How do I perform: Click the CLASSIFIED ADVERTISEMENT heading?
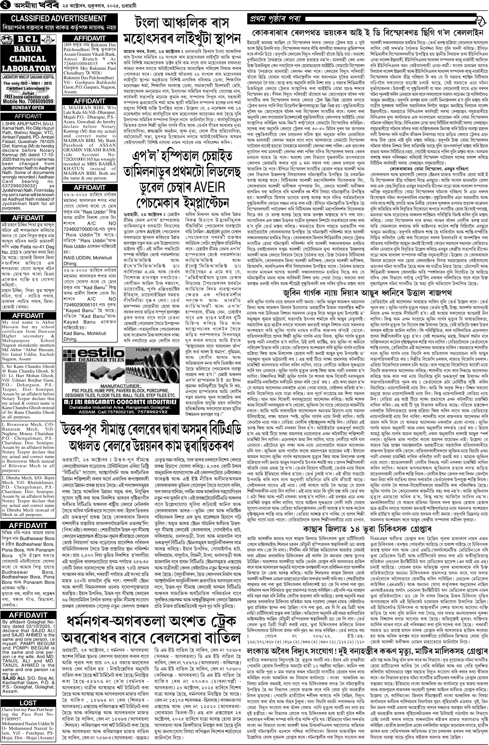pos(55,19)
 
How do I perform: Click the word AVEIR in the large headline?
pos(206,187)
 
